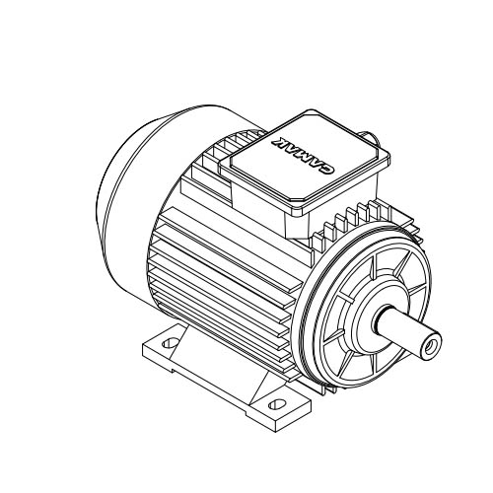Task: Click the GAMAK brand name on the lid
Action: [x=304, y=155]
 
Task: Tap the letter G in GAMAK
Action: [x=328, y=170]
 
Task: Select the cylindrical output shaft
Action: [x=407, y=332]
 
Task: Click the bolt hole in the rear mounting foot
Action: [x=171, y=343]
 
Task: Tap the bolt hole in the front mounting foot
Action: [x=276, y=404]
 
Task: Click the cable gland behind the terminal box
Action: [x=371, y=138]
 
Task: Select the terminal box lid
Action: [x=304, y=161]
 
